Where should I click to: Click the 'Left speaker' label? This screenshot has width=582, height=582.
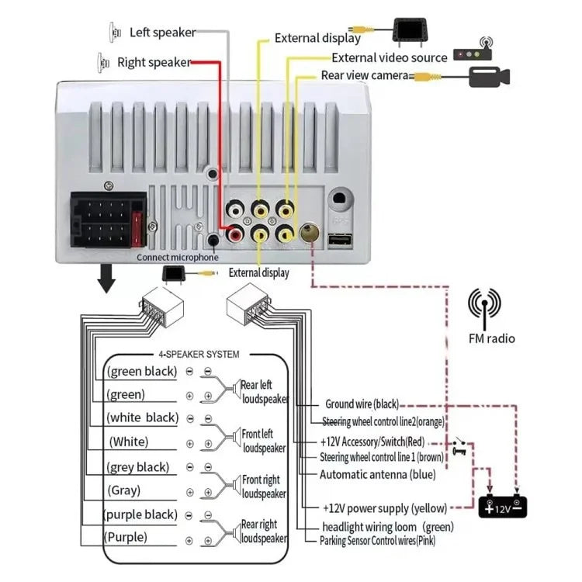point(162,33)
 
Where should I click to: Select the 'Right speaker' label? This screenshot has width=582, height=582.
point(154,62)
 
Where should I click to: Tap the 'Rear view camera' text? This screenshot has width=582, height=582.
point(364,75)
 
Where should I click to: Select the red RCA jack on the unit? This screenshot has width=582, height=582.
point(234,231)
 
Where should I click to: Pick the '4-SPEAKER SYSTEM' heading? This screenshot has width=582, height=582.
point(199,354)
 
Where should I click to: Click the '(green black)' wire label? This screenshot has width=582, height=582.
point(142,371)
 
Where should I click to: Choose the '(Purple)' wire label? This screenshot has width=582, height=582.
point(127,537)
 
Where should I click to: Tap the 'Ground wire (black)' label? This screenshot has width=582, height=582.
point(362,404)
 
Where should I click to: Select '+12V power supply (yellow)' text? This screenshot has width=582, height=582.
point(385,508)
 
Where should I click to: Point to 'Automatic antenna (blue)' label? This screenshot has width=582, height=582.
point(378,474)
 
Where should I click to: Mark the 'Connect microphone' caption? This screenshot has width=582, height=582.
point(178,258)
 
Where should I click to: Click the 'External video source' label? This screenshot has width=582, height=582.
point(390,57)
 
